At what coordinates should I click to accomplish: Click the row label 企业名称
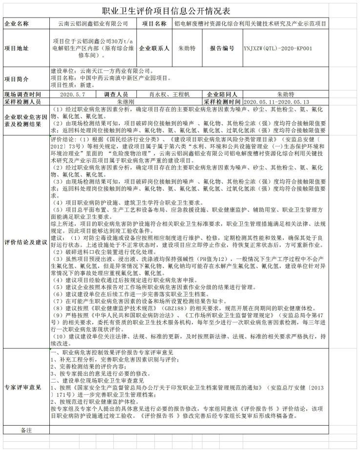tap(17, 23)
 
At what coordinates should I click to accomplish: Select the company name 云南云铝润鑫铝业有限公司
tap(93, 23)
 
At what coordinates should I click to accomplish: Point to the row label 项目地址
tap(17, 49)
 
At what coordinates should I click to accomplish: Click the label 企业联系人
tap(154, 49)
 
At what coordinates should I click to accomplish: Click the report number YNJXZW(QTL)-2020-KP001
tap(277, 49)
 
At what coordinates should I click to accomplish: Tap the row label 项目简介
tap(17, 79)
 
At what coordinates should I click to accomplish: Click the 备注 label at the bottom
tap(25, 430)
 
